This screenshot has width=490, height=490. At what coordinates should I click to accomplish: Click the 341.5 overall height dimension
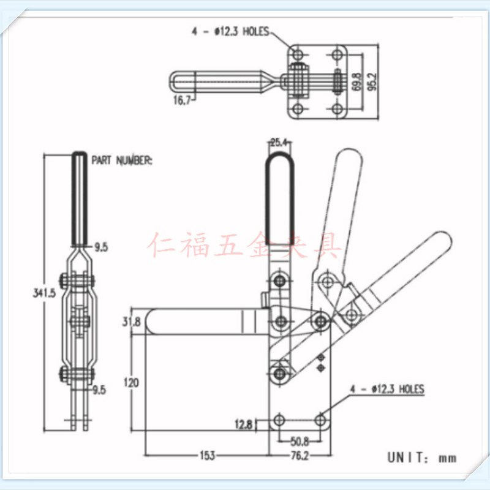pos(44,293)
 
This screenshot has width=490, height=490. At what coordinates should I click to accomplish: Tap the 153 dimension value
pos(207,455)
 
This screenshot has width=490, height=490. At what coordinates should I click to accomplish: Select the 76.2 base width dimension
pos(300,456)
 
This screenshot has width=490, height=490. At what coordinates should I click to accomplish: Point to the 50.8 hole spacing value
pos(300,441)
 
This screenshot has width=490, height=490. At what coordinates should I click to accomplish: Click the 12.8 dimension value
pos(243,424)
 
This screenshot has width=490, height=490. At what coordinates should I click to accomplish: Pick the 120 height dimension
pos(131,382)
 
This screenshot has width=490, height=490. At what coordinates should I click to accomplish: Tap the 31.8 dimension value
pos(131,322)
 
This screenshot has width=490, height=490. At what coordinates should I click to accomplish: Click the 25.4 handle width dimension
pos(279,143)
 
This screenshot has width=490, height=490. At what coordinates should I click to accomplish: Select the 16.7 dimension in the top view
pos(182,100)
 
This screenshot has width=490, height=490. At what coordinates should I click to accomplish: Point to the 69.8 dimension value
pos(356,82)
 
